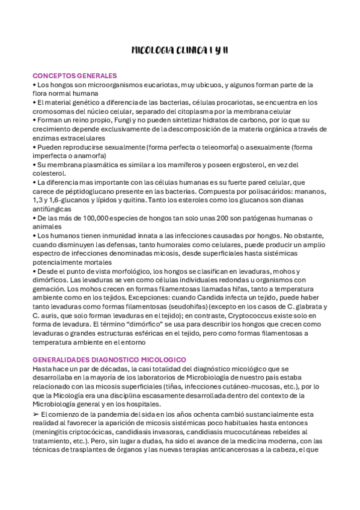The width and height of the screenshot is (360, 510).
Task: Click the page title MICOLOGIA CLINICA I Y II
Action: pos(180,50)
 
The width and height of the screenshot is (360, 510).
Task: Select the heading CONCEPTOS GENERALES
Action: pos(75,76)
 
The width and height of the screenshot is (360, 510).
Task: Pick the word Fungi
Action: pos(108,120)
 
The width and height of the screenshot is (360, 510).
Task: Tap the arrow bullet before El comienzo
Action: pos(36,414)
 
